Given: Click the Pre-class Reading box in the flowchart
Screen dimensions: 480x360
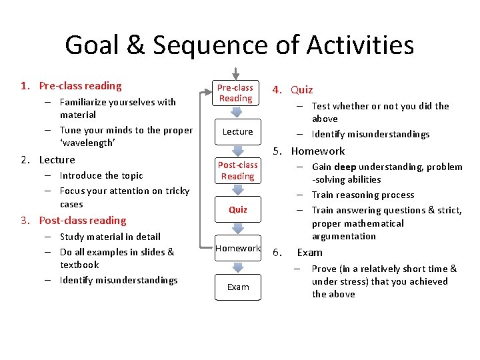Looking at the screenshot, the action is [x=235, y=93].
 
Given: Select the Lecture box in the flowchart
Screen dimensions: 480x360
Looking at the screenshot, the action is [x=237, y=131].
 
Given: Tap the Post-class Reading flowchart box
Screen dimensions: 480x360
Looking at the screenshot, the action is [x=237, y=170].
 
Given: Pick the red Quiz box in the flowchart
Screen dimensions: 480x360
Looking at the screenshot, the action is [x=237, y=209].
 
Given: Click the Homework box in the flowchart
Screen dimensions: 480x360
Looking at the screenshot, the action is [x=237, y=248].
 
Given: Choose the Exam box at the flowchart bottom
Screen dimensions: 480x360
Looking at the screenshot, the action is [x=237, y=287].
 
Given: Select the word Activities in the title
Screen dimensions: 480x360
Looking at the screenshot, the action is [x=360, y=45].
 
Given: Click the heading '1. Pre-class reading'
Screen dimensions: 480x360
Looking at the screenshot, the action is [x=71, y=86].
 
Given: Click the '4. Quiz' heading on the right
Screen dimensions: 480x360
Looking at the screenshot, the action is [x=292, y=90].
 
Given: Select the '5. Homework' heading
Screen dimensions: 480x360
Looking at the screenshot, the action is [x=309, y=151].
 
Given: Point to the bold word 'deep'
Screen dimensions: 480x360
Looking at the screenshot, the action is [x=345, y=167].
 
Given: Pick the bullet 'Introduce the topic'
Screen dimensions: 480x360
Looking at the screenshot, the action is [x=101, y=176].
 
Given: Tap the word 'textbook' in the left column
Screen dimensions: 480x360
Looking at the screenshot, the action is [x=79, y=265].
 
